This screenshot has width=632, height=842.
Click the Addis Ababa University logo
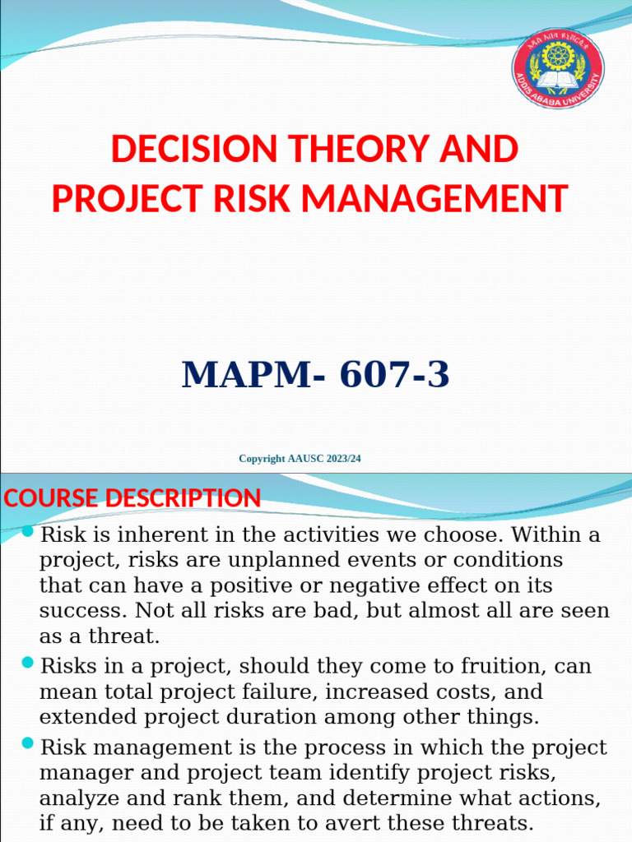558,67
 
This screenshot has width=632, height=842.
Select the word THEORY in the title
360,150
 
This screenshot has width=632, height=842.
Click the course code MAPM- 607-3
316,375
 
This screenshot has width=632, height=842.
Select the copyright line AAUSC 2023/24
300,458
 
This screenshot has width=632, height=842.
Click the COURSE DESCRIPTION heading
132,498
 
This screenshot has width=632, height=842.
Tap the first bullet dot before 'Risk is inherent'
28,532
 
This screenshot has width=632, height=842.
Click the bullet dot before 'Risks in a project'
28,662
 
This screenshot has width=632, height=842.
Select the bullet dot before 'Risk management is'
28,744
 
